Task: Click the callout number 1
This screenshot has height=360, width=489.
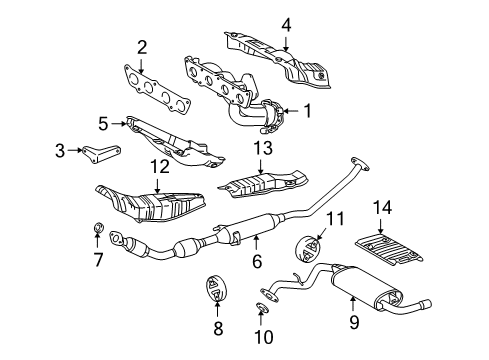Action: coord(308,113)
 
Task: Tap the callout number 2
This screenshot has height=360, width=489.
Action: coord(142,45)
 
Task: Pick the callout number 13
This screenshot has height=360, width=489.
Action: coord(263,148)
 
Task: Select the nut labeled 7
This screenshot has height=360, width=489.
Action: coord(99,236)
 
